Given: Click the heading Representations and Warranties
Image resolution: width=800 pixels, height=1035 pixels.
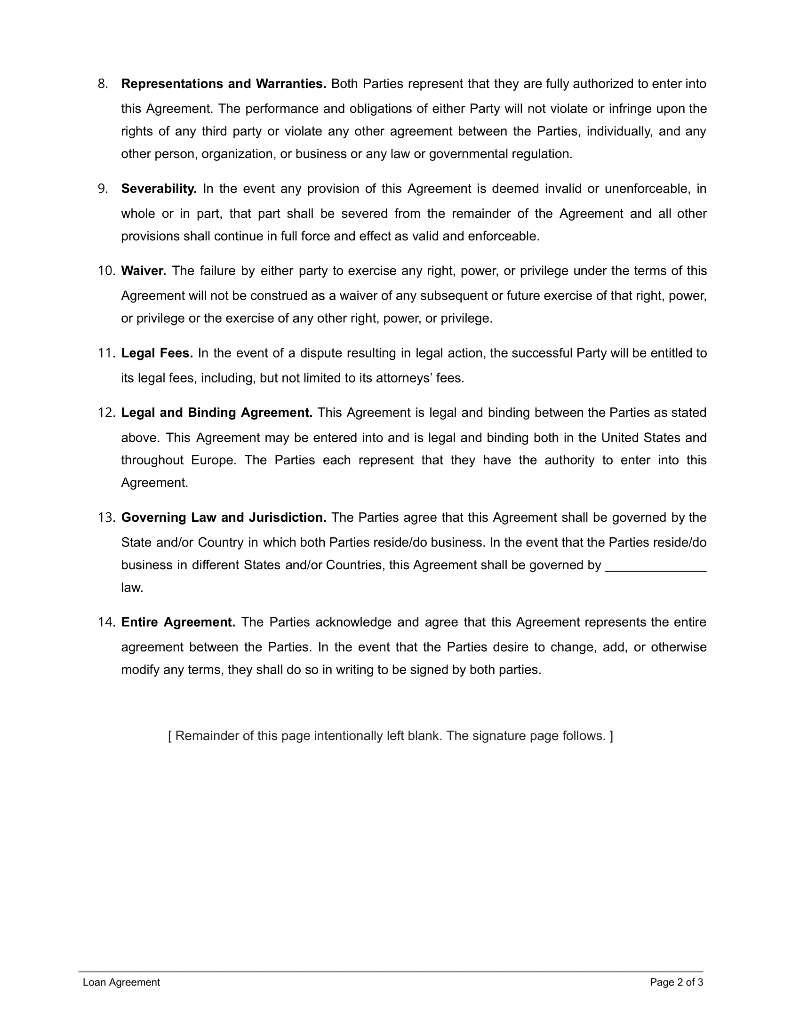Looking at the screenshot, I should click(224, 84).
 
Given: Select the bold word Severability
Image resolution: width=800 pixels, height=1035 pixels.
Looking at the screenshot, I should click(159, 189).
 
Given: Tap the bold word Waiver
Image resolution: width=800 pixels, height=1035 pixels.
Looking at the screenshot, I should click(144, 271).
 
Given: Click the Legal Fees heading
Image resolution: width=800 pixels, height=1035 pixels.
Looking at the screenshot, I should click(157, 353).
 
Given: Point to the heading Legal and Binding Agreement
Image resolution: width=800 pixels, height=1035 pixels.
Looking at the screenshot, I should click(216, 412).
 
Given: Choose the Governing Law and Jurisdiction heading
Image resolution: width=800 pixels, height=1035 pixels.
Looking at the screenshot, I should click(224, 517).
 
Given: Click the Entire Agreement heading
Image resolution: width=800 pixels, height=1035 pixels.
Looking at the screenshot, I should click(178, 622).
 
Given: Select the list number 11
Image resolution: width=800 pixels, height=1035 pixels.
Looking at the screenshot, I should click(106, 353).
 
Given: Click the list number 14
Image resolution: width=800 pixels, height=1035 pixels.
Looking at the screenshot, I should click(106, 622).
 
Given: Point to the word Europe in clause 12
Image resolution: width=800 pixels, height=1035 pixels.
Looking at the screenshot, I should click(213, 460).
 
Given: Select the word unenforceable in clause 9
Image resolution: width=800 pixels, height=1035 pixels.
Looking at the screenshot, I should click(647, 189).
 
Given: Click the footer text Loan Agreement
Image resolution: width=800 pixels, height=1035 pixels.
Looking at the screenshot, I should click(121, 982).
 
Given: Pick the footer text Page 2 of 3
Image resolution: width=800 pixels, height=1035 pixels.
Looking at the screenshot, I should click(676, 982).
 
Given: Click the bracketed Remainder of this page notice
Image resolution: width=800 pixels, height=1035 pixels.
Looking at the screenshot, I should click(391, 735).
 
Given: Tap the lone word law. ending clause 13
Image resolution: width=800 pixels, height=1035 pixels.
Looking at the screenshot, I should click(132, 588).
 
